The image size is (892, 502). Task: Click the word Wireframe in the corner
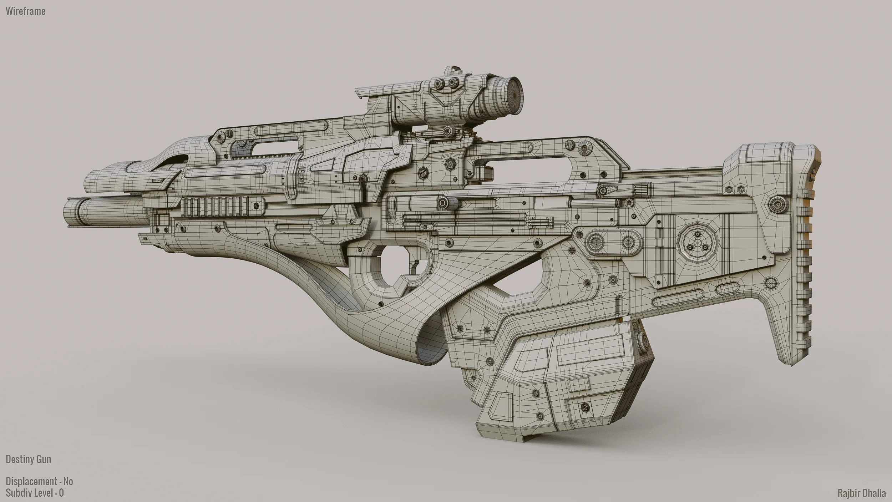25,11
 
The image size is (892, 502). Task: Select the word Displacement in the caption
31,482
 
